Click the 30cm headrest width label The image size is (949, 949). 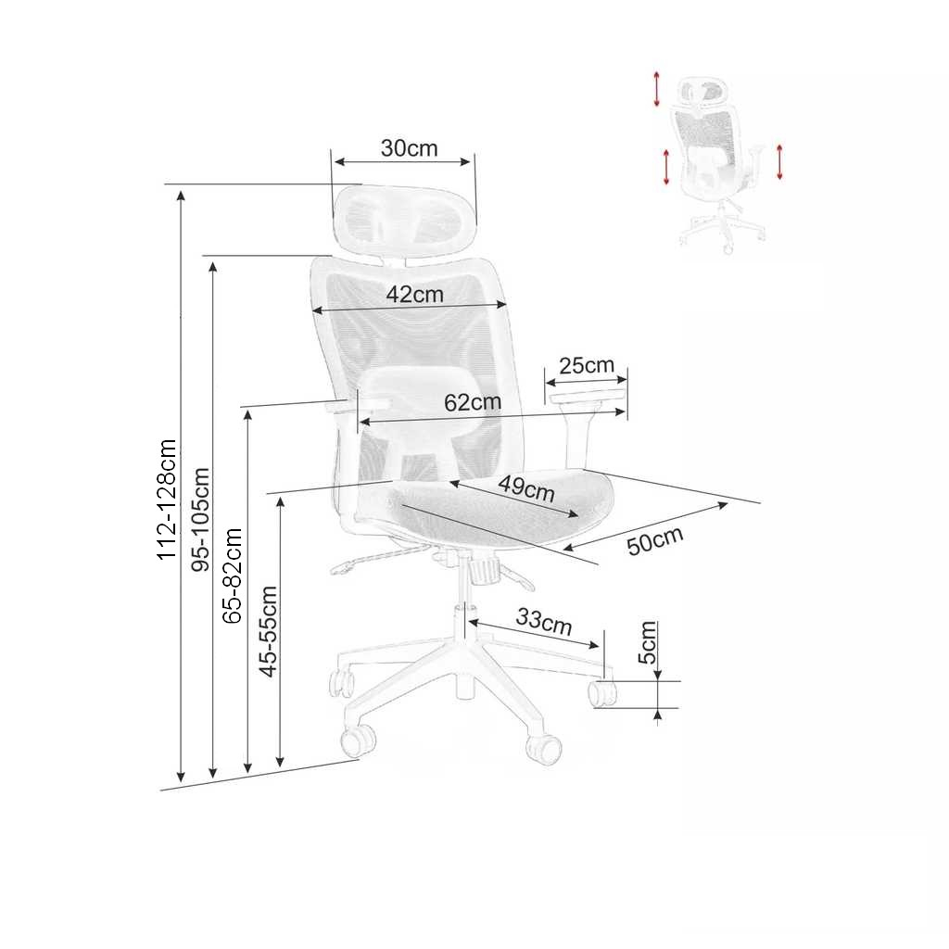[x=409, y=148]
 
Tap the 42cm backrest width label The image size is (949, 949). [x=414, y=295]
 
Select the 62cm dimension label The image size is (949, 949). [x=472, y=402]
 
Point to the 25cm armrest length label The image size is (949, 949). [x=587, y=364]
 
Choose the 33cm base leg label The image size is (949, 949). [x=544, y=622]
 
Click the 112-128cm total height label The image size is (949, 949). [x=167, y=500]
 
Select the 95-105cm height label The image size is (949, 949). [x=201, y=520]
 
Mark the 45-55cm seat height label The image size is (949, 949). [x=268, y=631]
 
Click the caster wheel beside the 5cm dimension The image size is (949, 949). [x=603, y=693]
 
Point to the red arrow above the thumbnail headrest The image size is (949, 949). [x=657, y=88]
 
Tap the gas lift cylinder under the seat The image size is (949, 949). [x=461, y=593]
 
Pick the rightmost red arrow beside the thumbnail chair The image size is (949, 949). [x=780, y=162]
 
